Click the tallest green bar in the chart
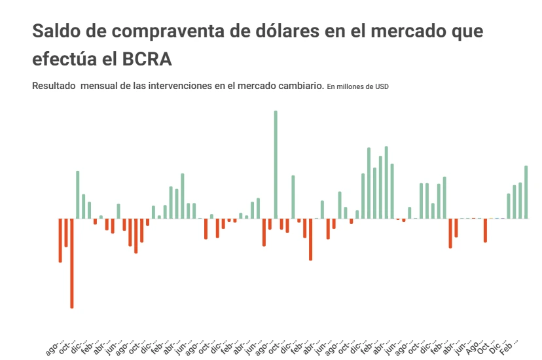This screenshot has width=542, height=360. [276, 164]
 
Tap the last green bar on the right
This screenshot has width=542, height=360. [526, 192]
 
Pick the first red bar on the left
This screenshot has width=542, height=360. [60, 240]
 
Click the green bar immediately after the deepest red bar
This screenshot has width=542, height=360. [78, 195]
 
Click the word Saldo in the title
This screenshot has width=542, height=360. [58, 31]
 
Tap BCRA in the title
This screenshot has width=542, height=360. [147, 59]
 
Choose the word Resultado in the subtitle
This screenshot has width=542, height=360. [54, 86]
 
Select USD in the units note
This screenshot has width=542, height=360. [382, 86]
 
